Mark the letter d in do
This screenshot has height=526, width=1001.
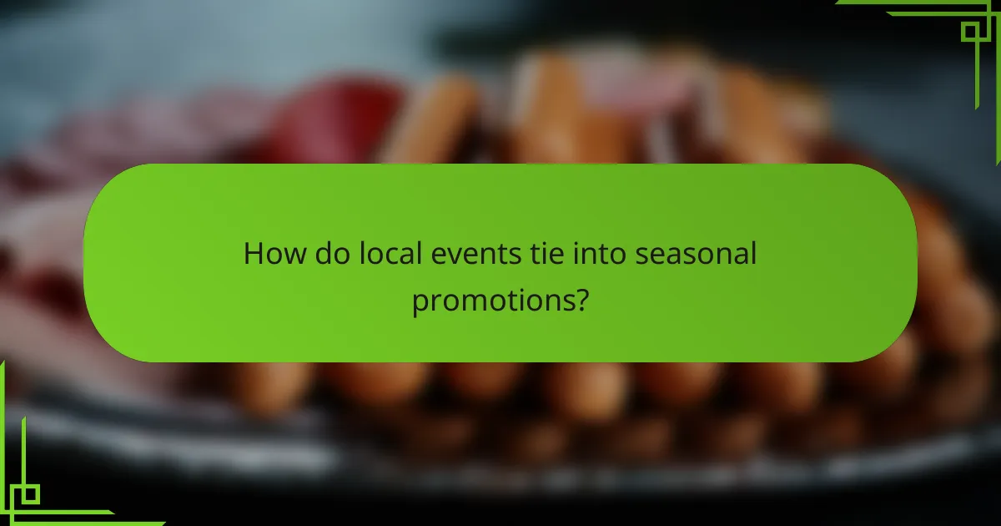coord(322,253)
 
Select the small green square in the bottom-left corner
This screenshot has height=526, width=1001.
coord(30,494)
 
